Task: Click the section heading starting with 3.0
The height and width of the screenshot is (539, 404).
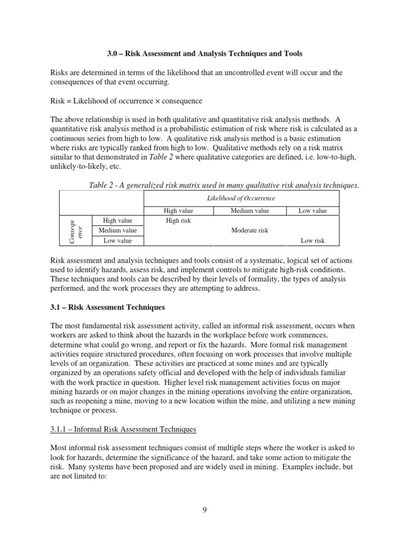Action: (x=201, y=54)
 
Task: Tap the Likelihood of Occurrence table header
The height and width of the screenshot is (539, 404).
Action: (x=241, y=198)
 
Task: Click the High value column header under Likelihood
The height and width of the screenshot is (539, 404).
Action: (x=178, y=211)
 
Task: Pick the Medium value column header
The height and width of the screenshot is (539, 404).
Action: (x=249, y=211)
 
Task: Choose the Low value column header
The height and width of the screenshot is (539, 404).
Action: (x=312, y=211)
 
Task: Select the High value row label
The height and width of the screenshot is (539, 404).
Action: (x=117, y=221)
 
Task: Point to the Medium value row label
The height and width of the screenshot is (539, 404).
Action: (x=117, y=231)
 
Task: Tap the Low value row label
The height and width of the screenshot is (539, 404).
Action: (x=117, y=241)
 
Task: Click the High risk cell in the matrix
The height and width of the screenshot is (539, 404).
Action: (x=178, y=221)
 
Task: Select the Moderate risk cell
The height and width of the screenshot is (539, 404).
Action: (x=249, y=231)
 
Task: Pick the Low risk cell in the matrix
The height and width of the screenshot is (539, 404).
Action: (x=312, y=241)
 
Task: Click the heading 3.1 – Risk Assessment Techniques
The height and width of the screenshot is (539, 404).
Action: (x=107, y=307)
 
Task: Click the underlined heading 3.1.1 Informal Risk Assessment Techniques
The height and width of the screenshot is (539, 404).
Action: (x=123, y=430)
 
